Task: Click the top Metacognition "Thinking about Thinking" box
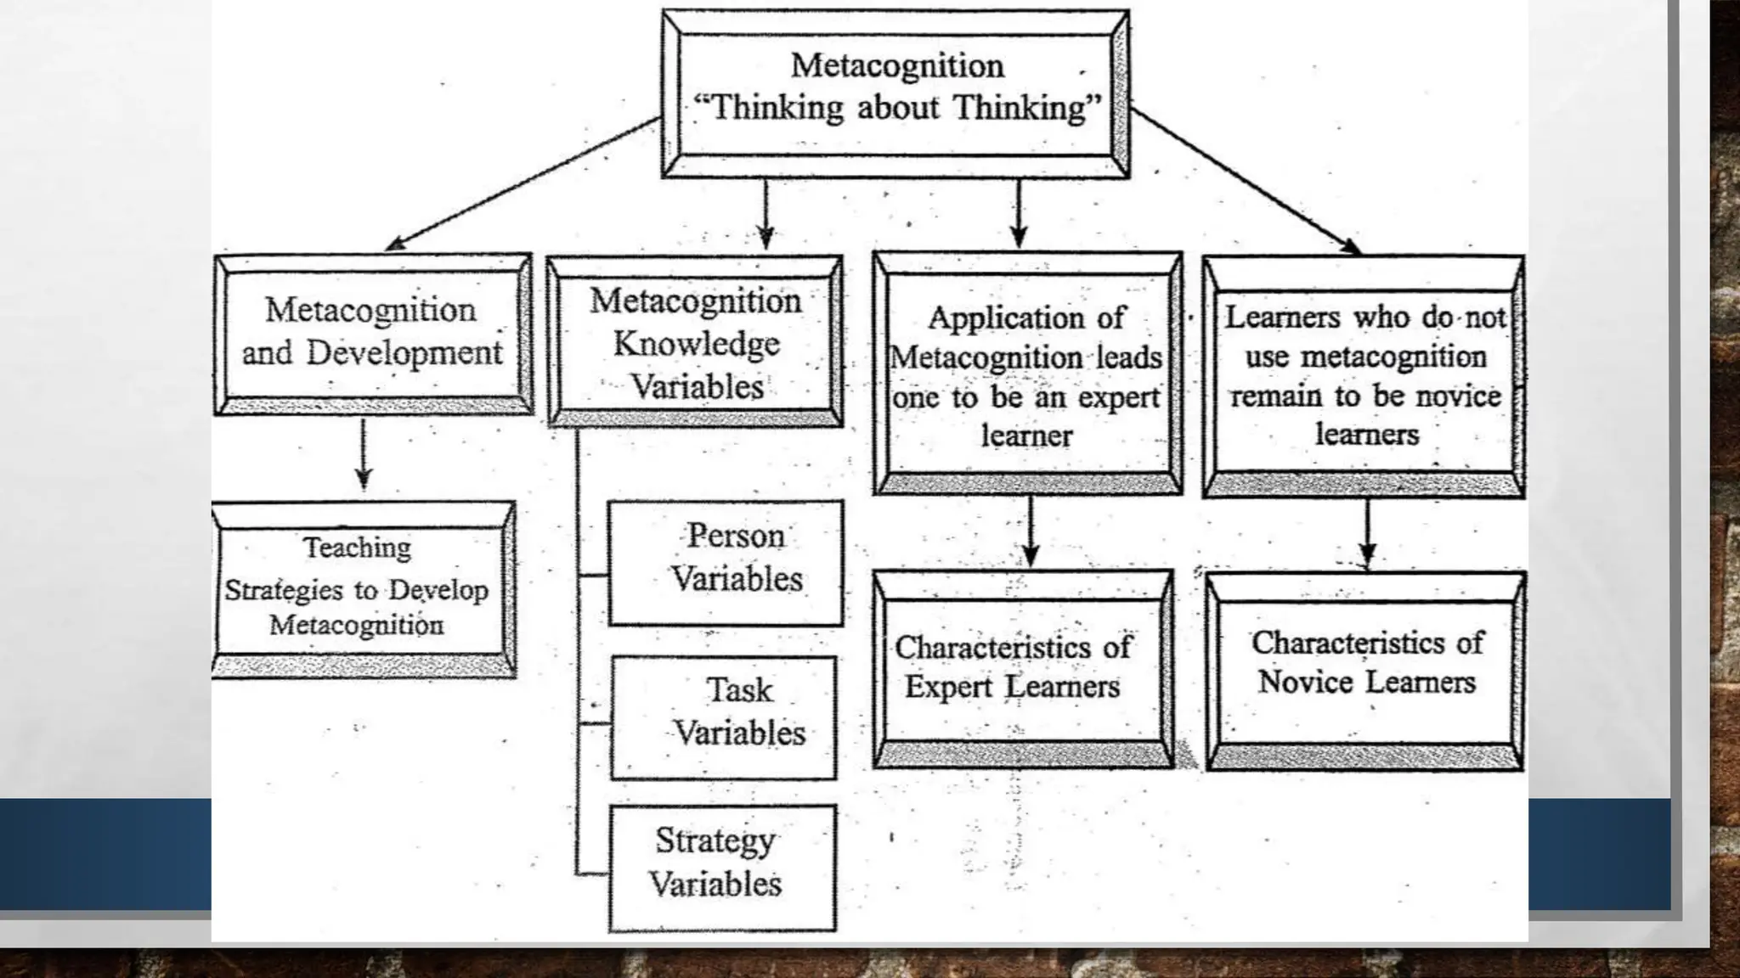click(895, 93)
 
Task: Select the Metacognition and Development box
click(372, 333)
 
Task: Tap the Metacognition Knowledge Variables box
click(695, 341)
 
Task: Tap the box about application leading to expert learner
click(1027, 374)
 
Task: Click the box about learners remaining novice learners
click(1364, 375)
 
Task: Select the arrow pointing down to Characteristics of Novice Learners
click(1367, 533)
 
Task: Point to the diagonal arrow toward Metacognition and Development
click(523, 184)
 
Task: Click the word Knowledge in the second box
click(696, 344)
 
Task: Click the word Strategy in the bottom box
click(715, 840)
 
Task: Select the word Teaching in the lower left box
click(357, 548)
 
